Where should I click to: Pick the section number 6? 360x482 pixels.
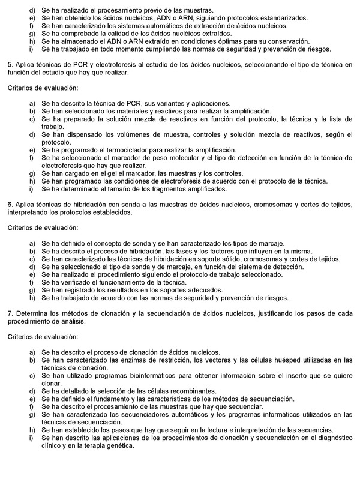9,205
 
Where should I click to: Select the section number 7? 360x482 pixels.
9,313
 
